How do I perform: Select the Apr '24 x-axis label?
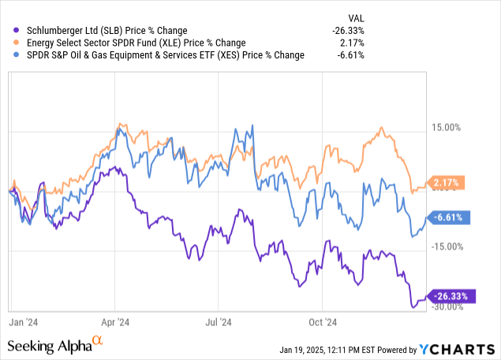[116, 322]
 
